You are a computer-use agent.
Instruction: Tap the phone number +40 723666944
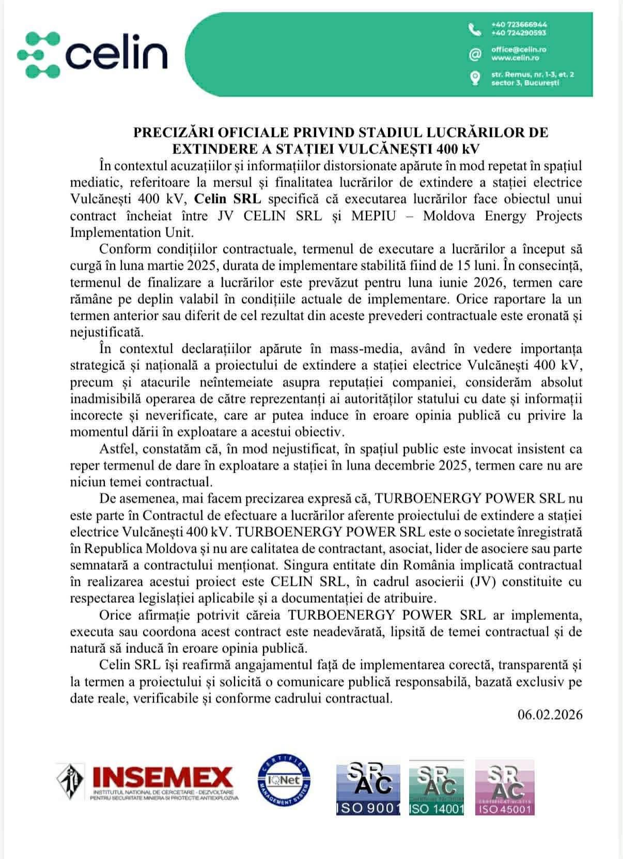[519, 24]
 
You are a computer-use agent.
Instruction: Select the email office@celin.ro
[518, 50]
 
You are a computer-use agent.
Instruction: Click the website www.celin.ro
[515, 58]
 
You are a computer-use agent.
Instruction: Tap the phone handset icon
[475, 29]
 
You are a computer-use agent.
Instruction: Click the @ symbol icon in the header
[475, 54]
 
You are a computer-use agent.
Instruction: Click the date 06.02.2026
[550, 714]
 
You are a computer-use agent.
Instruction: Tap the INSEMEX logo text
[162, 777]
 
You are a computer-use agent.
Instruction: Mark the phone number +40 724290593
[519, 33]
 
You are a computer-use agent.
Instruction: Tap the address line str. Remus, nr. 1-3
[532, 74]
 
